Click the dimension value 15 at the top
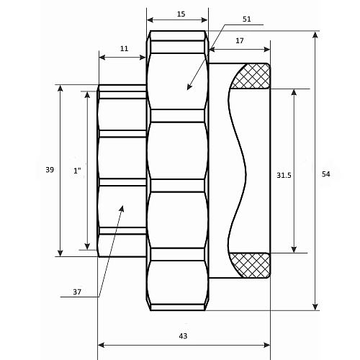click(181, 14)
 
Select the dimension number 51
click(247, 19)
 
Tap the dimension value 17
click(240, 41)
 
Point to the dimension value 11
click(124, 49)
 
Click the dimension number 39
click(50, 170)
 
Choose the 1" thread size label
click(77, 171)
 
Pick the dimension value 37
click(77, 292)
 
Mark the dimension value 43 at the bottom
click(183, 336)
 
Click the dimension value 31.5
click(284, 176)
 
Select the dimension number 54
click(326, 174)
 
